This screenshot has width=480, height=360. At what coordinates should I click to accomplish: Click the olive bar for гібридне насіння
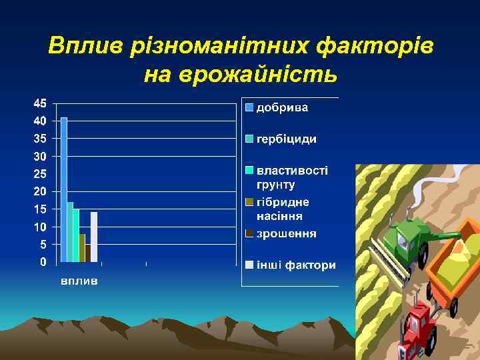[82, 247]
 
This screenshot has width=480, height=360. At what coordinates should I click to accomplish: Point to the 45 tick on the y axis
[40, 103]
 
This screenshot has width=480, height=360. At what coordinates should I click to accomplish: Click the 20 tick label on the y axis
[40, 191]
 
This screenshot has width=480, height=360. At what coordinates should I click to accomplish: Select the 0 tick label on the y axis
[43, 262]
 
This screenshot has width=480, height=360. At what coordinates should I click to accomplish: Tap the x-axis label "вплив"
[79, 281]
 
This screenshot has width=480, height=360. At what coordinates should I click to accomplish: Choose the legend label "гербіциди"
[287, 139]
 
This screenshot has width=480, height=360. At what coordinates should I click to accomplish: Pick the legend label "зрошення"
[287, 233]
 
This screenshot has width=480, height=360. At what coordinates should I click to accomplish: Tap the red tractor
[419, 327]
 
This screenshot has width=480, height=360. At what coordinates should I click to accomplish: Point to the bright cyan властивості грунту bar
[76, 235]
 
